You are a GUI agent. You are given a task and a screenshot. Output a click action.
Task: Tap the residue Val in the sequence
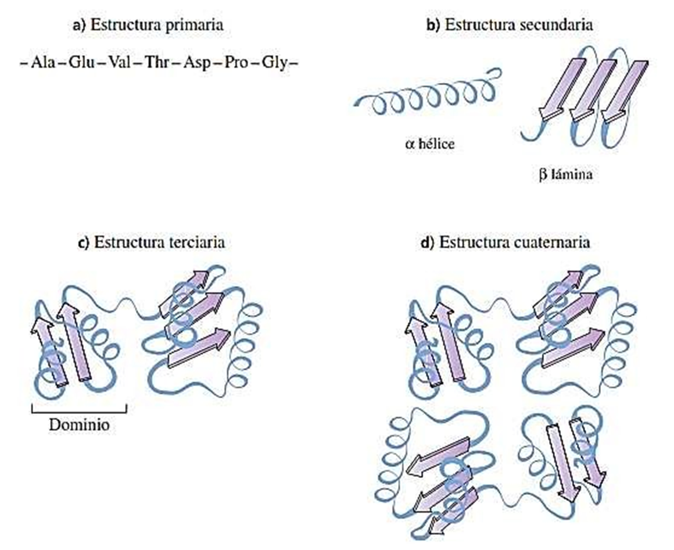click(119, 62)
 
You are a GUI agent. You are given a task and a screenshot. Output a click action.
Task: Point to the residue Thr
click(156, 62)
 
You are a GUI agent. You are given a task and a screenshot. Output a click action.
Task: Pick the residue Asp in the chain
click(195, 62)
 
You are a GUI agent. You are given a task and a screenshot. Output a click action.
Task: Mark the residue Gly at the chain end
click(273, 62)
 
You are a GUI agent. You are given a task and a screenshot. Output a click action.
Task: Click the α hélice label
click(429, 142)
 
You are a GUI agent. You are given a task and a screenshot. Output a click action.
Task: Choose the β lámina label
click(565, 174)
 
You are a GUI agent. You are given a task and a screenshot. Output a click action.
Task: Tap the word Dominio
click(79, 425)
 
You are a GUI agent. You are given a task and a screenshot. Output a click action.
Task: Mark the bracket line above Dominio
click(79, 411)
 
